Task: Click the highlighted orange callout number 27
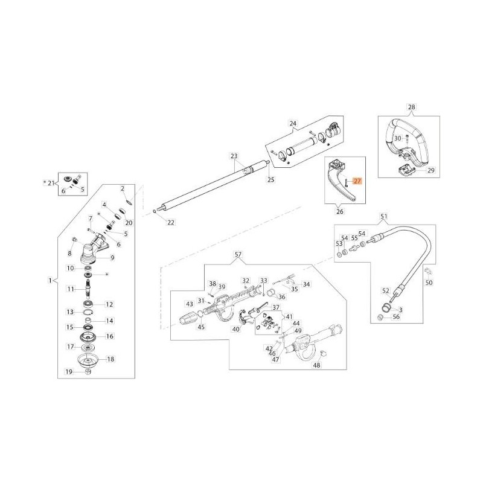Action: [356, 181]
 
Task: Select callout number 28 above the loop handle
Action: [412, 107]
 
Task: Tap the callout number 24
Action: [293, 124]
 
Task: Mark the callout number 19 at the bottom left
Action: [69, 372]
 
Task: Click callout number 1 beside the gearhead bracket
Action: [50, 280]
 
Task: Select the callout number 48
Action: [316, 365]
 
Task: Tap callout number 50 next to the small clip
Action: [429, 283]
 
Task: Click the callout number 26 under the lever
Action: [339, 212]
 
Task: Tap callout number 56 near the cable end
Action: [396, 317]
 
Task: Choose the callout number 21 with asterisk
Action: [51, 182]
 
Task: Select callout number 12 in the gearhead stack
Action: [109, 304]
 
